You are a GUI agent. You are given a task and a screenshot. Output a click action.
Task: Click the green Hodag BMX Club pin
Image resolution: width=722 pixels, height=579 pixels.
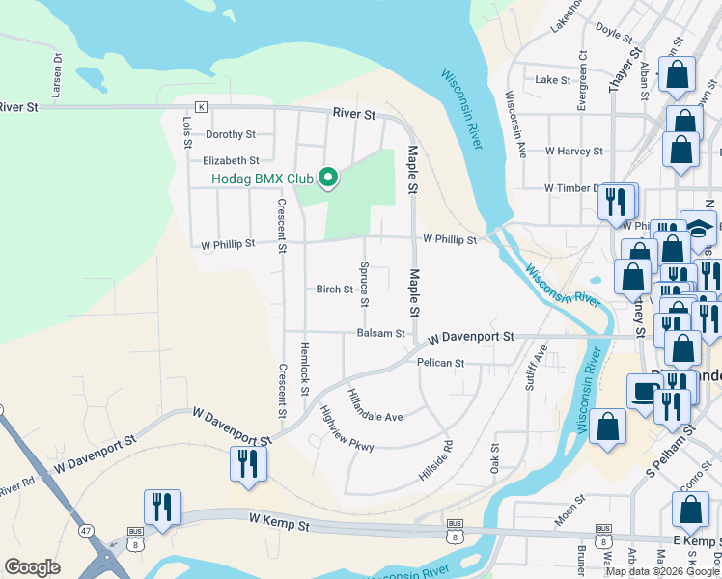click(328, 177)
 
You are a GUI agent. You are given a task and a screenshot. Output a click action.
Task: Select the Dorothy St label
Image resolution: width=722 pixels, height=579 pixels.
click(230, 135)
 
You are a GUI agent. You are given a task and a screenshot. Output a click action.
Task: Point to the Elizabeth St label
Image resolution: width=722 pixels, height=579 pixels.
click(231, 161)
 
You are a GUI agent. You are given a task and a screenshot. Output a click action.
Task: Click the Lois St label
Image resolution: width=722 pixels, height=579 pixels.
click(187, 132)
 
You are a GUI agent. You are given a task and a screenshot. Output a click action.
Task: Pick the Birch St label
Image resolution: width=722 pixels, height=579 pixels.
click(335, 289)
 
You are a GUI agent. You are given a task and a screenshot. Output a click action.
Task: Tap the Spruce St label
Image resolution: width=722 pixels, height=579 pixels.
click(365, 285)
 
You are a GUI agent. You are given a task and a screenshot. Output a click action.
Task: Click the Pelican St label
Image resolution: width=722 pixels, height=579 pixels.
click(441, 364)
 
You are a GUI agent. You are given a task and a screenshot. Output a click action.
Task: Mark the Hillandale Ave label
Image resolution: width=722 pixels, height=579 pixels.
click(374, 405)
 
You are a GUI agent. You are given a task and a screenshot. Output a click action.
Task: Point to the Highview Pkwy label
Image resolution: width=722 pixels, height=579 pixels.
click(347, 427)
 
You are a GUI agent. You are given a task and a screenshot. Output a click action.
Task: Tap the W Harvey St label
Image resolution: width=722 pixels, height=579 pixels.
click(573, 152)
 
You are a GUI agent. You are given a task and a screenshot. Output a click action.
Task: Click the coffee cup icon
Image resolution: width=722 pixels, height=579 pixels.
click(642, 390)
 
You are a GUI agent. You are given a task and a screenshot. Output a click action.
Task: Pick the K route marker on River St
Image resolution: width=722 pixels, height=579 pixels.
click(201, 106)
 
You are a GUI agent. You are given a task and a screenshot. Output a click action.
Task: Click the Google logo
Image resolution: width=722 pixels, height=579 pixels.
click(32, 567)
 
